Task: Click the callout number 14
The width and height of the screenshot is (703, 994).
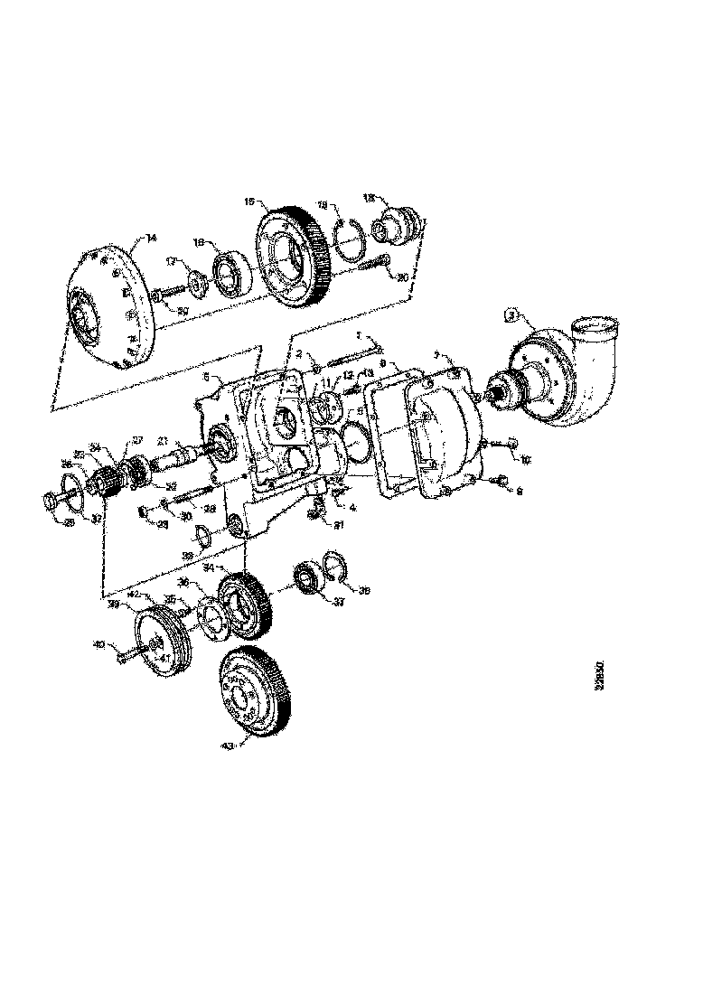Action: [x=151, y=238]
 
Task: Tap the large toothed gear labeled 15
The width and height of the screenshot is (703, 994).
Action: [x=291, y=256]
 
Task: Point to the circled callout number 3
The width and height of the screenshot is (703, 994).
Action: [x=511, y=315]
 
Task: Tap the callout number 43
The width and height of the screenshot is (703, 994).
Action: [x=226, y=745]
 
